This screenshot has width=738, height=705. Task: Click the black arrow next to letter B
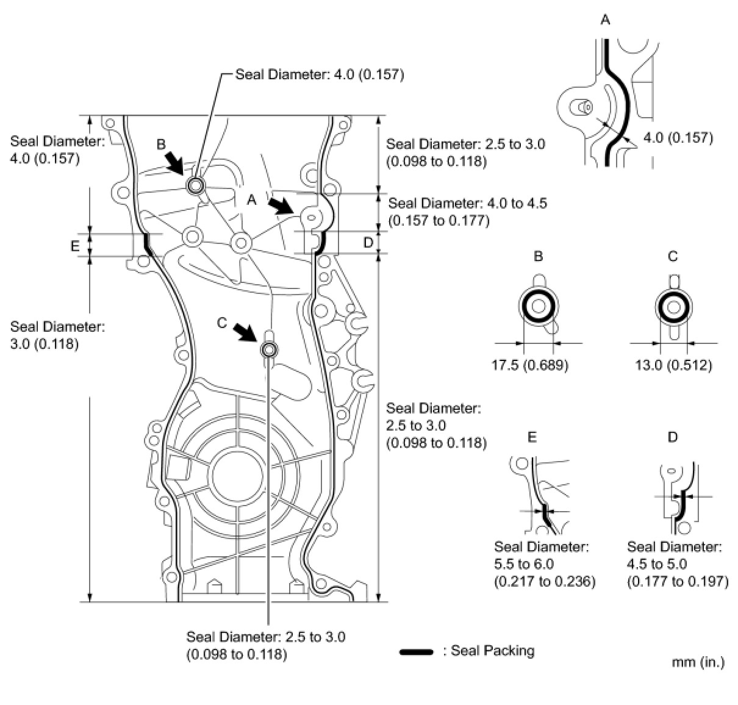point(174,162)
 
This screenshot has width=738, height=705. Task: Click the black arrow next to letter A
point(282,205)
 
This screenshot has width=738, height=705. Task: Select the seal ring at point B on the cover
point(196,185)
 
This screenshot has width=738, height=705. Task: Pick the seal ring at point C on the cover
point(269,349)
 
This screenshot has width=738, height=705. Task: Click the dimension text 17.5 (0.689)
point(529,365)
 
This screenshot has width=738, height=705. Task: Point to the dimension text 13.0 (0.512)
point(673,365)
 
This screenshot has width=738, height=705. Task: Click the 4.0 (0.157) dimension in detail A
point(678,138)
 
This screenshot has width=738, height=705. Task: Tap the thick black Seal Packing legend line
point(416,652)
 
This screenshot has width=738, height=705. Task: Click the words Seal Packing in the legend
point(492,651)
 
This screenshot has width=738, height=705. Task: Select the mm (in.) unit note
point(698,662)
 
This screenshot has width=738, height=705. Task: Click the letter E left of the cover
point(75,246)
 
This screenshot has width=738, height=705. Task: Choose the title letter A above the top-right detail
point(605,21)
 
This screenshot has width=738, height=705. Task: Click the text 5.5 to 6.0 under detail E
point(524,564)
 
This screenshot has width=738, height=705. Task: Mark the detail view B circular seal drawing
point(538,307)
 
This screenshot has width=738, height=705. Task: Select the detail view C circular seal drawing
point(673,307)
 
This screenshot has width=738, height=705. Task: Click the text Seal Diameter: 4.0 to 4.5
point(467,203)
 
